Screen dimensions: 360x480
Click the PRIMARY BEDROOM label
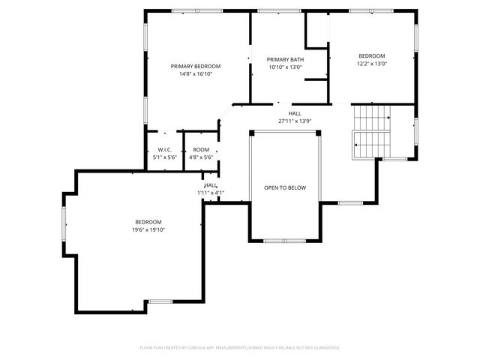click(x=196, y=66)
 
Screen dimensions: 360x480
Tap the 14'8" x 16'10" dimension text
click(x=196, y=74)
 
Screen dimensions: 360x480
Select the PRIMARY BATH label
click(x=285, y=59)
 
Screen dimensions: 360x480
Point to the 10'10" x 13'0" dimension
click(x=285, y=67)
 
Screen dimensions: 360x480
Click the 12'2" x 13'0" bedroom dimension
click(x=371, y=64)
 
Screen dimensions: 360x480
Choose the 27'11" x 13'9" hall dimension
click(x=295, y=121)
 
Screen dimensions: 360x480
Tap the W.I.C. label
click(x=164, y=149)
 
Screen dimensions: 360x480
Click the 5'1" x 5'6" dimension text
click(x=164, y=157)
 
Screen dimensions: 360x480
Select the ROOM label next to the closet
click(x=200, y=149)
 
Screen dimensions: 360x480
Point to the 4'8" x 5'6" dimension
click(x=200, y=157)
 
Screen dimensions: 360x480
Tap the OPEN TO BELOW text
click(x=285, y=187)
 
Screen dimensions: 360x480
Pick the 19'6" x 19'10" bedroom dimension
click(x=148, y=229)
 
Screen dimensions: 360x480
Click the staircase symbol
click(x=372, y=131)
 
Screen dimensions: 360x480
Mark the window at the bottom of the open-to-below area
click(x=285, y=241)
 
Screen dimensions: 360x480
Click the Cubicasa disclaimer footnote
click(x=240, y=347)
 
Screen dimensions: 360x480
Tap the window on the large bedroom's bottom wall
click(x=160, y=302)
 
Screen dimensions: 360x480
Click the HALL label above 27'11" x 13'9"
click(x=295, y=113)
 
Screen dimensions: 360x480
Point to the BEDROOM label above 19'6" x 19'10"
click(x=148, y=221)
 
